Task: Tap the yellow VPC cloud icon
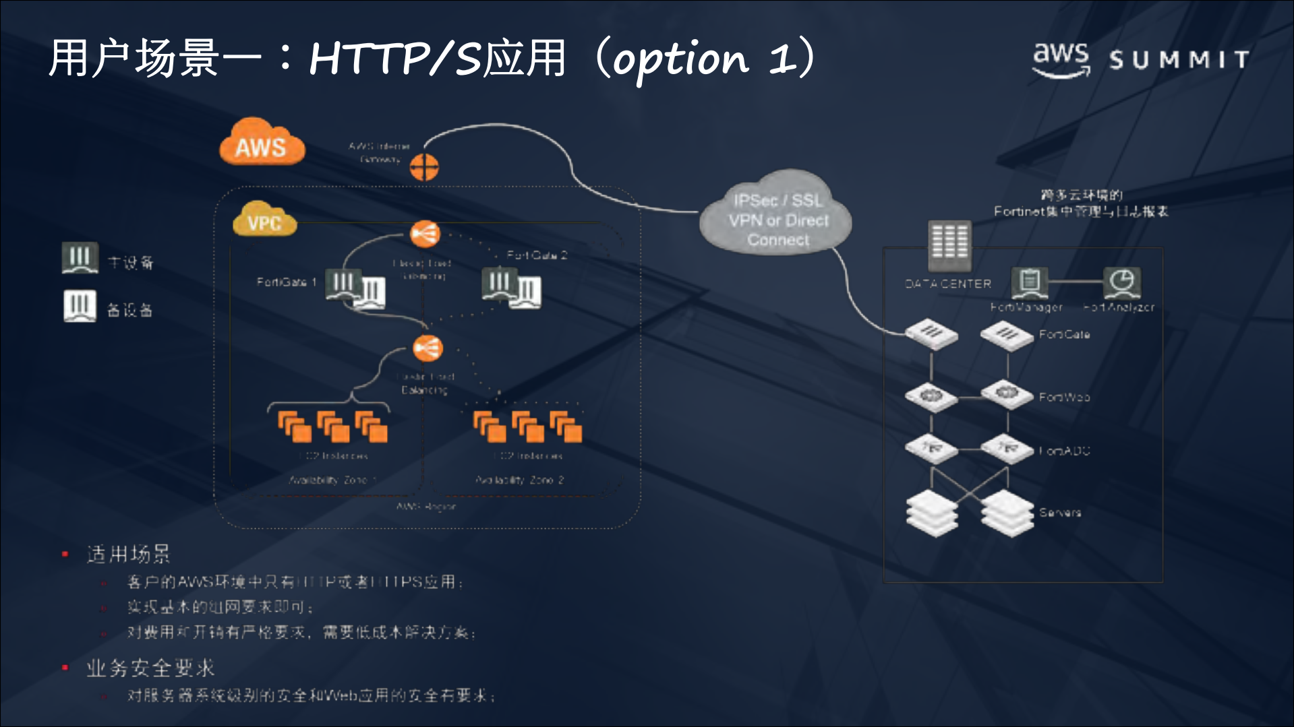pyautogui.click(x=264, y=220)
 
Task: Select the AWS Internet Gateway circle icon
pyautogui.click(x=424, y=166)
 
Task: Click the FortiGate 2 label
pyautogui.click(x=537, y=255)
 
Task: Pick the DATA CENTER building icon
pyautogui.click(x=949, y=244)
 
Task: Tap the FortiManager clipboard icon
pyautogui.click(x=1029, y=282)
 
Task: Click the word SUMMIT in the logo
pyautogui.click(x=1179, y=60)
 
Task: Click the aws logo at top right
pyautogui.click(x=1061, y=58)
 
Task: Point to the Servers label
pyautogui.click(x=1060, y=513)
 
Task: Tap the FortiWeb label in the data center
pyautogui.click(x=1064, y=398)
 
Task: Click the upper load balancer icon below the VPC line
pyautogui.click(x=425, y=234)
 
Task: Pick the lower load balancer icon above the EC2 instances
pyautogui.click(x=428, y=348)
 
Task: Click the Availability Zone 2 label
pyautogui.click(x=519, y=480)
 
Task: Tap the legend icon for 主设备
pyautogui.click(x=80, y=258)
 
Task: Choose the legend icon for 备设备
pyautogui.click(x=80, y=306)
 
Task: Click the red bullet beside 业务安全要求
pyautogui.click(x=65, y=668)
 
